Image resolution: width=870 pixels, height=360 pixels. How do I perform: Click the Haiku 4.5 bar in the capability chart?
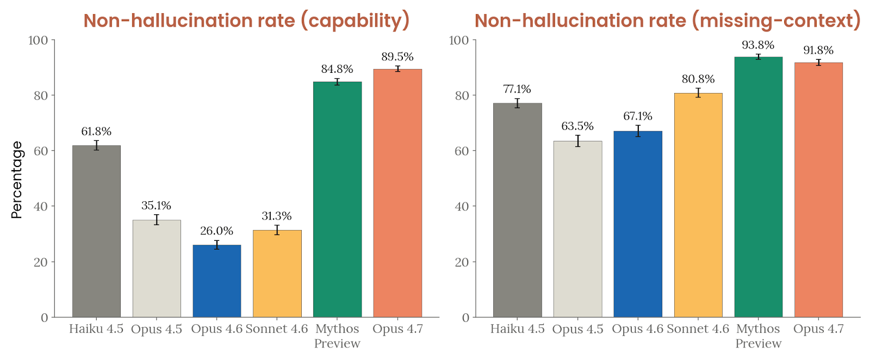click(96, 231)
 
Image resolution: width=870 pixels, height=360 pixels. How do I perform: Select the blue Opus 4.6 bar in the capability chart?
click(217, 281)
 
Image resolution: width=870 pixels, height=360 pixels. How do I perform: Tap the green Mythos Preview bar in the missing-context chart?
click(758, 187)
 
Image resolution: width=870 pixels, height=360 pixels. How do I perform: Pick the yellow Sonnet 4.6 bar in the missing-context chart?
click(698, 205)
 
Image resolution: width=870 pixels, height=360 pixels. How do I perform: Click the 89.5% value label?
click(397, 57)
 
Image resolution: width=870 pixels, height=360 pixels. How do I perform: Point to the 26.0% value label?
click(217, 231)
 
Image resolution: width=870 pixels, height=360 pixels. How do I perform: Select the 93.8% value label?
click(758, 45)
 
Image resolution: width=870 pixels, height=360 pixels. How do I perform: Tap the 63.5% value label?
click(577, 126)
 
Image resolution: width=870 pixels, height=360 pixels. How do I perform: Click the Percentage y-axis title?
click(17, 179)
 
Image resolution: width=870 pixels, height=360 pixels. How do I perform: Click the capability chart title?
click(246, 21)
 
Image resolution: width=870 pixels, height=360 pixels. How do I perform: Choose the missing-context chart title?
click(667, 21)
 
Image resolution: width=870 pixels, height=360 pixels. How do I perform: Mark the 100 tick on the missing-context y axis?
click(460, 40)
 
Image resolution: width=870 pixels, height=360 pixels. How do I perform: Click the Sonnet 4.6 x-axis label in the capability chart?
click(277, 329)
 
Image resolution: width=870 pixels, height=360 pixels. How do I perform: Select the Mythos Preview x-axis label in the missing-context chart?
click(758, 336)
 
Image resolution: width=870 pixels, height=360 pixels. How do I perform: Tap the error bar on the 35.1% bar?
click(157, 220)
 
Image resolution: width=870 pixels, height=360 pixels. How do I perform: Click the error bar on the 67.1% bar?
click(638, 131)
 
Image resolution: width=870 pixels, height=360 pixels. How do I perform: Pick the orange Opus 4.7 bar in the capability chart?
click(397, 193)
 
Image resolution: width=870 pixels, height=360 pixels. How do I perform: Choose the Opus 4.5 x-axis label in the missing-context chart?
click(577, 329)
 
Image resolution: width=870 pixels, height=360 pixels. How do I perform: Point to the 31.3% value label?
click(277, 216)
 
